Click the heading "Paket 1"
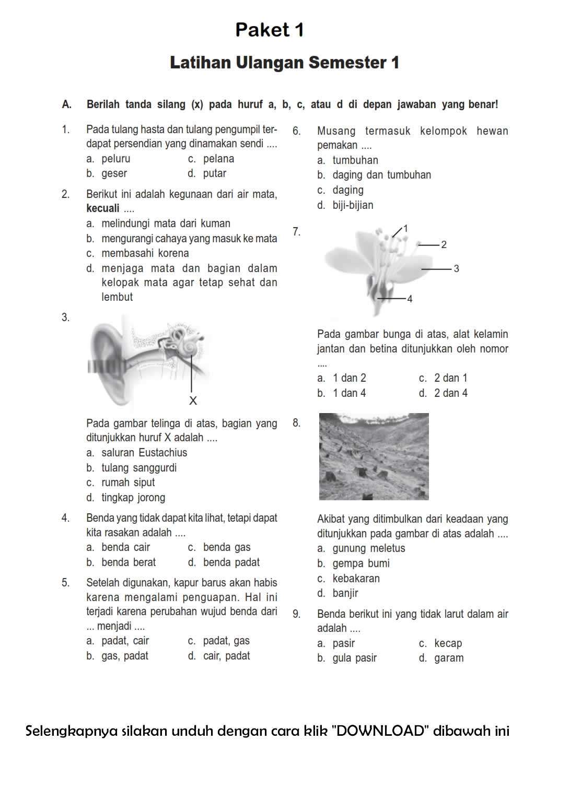269,30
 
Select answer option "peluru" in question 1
115,159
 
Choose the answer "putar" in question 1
214,173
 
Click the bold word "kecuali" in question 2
103,208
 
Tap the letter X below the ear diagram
193,401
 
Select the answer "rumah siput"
128,483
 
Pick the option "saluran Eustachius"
144,453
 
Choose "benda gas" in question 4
226,547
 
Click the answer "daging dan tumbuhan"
381,175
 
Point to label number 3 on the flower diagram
456,269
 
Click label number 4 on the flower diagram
410,299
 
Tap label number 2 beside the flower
444,244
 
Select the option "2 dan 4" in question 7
450,393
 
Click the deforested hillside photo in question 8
374,456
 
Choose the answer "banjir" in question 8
345,593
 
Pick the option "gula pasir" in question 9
354,658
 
